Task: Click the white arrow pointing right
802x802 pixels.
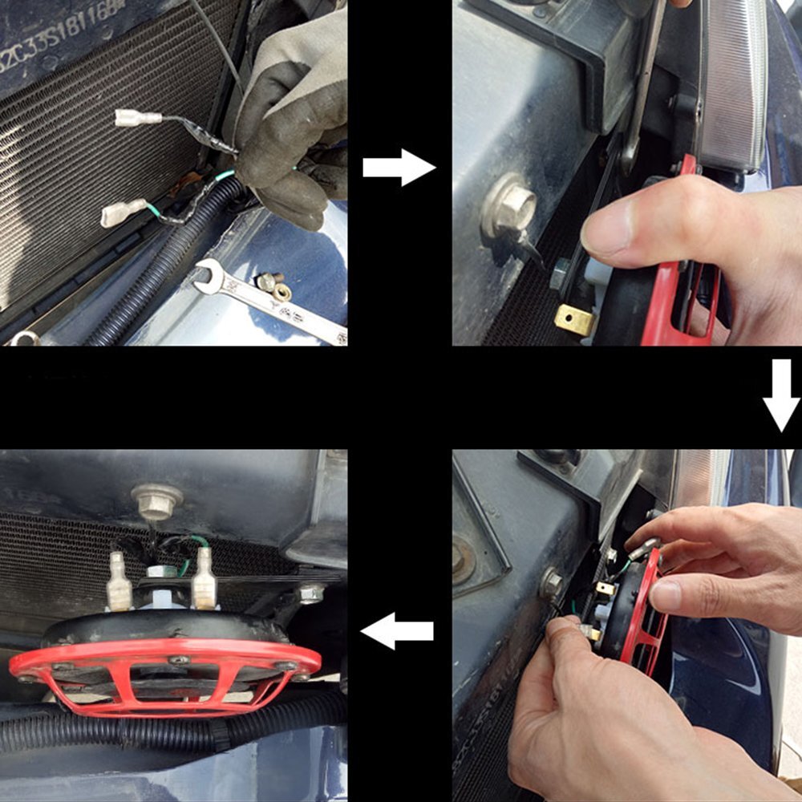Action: [x=399, y=167]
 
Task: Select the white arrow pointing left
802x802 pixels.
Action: [x=397, y=630]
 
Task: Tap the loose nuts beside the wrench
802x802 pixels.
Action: [x=273, y=285]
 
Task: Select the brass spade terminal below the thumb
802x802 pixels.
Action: [x=575, y=319]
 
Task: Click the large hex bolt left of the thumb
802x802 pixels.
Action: [x=509, y=205]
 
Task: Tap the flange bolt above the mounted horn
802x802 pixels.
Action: [x=157, y=501]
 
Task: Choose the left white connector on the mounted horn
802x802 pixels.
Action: [x=119, y=581]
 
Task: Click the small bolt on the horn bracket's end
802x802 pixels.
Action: [x=310, y=593]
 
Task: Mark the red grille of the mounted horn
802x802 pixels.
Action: [x=164, y=674]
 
